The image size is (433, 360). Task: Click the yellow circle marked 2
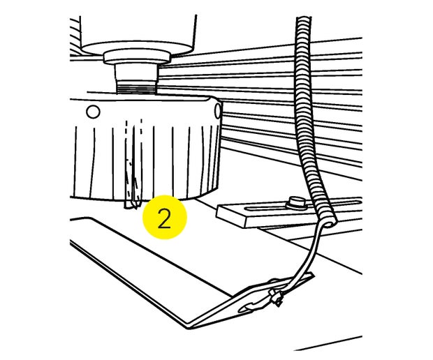coord(165,217)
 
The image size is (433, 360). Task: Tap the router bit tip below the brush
coord(132,206)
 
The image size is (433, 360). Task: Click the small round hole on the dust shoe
coord(93,112)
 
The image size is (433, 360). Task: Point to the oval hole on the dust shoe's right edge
coord(218,111)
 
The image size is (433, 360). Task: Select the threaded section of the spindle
coord(136,88)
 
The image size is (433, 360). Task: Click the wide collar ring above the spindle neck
coord(138,57)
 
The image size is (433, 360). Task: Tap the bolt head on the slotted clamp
coord(297,203)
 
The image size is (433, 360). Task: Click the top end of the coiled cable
coord(304,19)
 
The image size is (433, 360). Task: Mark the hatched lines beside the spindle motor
coord(75,36)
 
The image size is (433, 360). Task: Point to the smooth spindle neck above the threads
coord(136,73)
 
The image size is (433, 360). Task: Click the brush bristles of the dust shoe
coord(147,162)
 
